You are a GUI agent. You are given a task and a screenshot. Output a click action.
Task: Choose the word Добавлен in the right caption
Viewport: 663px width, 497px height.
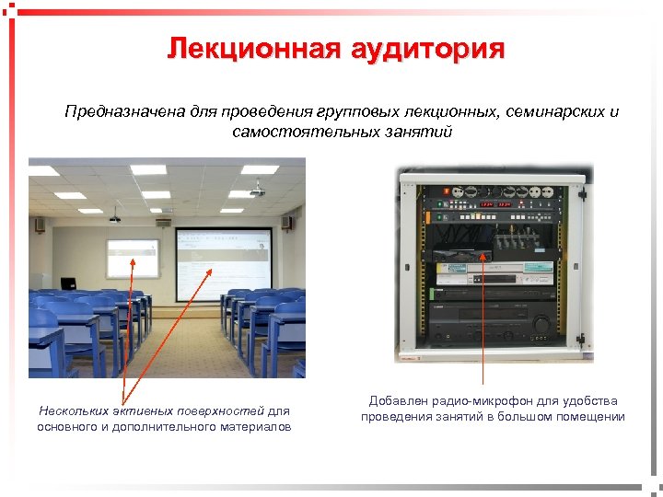pos(396,401)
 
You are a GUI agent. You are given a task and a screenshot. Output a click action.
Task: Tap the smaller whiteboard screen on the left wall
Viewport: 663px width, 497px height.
pos(132,259)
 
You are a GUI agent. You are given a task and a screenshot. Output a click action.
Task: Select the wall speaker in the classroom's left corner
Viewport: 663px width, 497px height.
pos(40,224)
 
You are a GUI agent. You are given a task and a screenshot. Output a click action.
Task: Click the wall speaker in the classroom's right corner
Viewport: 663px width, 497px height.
pos(286,222)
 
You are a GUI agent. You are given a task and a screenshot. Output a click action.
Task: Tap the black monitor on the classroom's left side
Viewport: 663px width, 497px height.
pos(68,283)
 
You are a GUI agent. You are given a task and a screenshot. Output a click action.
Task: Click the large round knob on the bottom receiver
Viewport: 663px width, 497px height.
pos(541,323)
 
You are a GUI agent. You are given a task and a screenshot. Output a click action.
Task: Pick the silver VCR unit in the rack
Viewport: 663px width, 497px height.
pos(493,271)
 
